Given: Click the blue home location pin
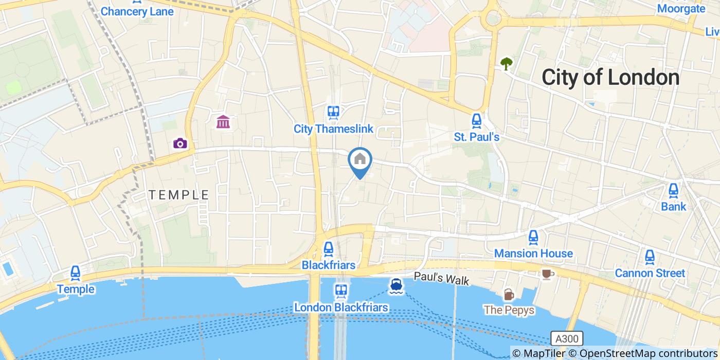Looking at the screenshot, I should (360, 160).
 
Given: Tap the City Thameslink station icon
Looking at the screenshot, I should (333, 112).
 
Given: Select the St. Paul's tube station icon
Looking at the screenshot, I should (476, 121).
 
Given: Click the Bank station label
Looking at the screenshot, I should (673, 206).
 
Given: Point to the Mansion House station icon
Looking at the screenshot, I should (533, 238).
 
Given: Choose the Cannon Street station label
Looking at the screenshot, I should (650, 273).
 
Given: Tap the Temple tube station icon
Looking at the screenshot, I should (76, 273).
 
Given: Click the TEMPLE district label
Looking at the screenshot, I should (178, 195).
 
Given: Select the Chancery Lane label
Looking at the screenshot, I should (137, 11).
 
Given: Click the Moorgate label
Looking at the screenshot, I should (681, 9).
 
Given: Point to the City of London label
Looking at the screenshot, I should (610, 78).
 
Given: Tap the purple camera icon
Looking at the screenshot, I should (180, 143).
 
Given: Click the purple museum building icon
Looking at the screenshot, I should (223, 122).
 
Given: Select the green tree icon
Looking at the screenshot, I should (507, 64).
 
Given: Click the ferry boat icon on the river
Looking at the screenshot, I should (395, 286).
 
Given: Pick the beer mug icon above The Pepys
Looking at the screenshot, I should (508, 294).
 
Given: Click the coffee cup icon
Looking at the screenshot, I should (546, 274).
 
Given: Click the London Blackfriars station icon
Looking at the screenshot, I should (340, 291).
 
